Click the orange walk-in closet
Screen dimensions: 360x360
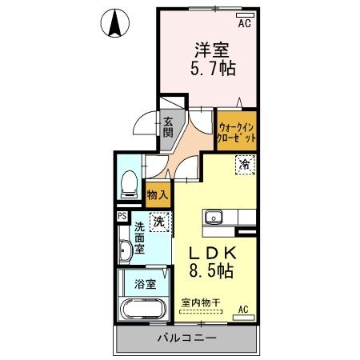tap(237, 132)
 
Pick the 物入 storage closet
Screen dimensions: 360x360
tap(156, 194)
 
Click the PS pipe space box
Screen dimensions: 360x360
tap(122, 216)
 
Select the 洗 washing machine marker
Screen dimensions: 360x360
tap(159, 222)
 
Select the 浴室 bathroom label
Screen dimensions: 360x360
tap(145, 282)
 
